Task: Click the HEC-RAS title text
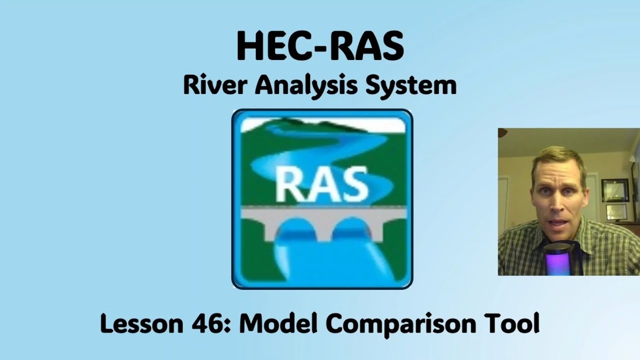320,46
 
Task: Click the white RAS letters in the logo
322,183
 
